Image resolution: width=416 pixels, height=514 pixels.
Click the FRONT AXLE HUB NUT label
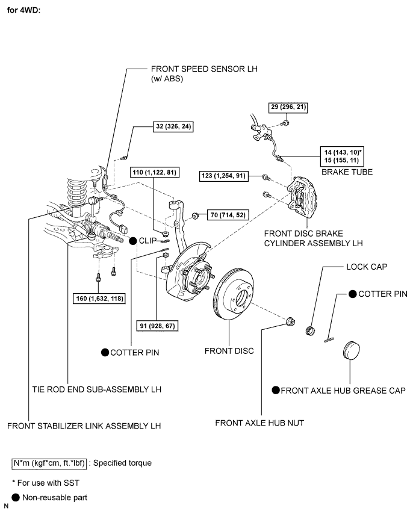pyautogui.click(x=259, y=423)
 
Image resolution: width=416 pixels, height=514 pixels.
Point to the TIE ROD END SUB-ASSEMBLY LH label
pyautogui.click(x=96, y=389)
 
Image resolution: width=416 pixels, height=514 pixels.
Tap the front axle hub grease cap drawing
pyautogui.click(x=352, y=353)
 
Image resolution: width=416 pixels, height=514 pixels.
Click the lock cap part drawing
pyautogui.click(x=311, y=329)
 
